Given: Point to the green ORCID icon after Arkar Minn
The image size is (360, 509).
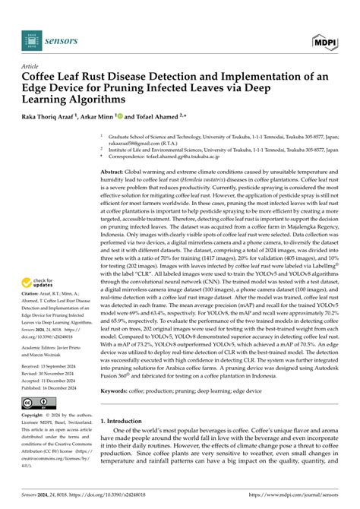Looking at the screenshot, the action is (x=118, y=117).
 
